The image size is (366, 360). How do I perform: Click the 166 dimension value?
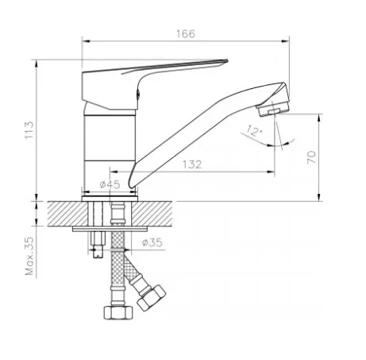186,34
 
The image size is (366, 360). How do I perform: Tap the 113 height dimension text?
29,130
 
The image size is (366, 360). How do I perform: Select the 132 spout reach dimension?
192,165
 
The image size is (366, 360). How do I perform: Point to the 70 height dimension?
311,157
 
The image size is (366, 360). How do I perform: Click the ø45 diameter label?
110,184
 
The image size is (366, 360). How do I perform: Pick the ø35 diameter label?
152,242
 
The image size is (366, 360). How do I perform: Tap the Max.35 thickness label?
29,256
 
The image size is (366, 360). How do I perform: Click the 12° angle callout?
254,131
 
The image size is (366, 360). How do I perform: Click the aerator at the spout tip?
273,109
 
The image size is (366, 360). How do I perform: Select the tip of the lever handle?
227,60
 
